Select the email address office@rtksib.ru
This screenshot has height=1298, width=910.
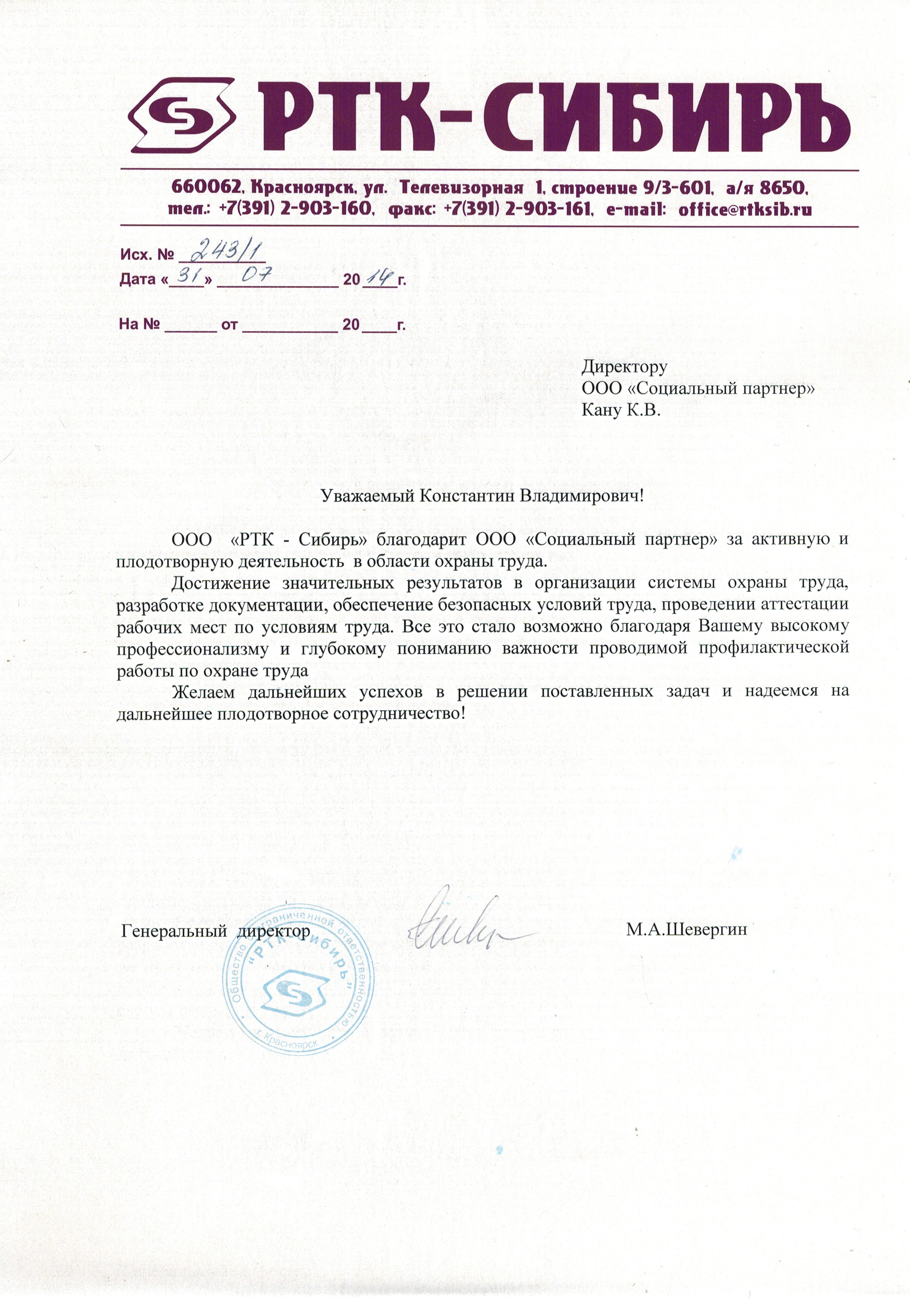[x=746, y=209]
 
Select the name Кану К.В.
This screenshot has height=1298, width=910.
[x=621, y=410]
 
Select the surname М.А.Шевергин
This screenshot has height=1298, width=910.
[x=686, y=929]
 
